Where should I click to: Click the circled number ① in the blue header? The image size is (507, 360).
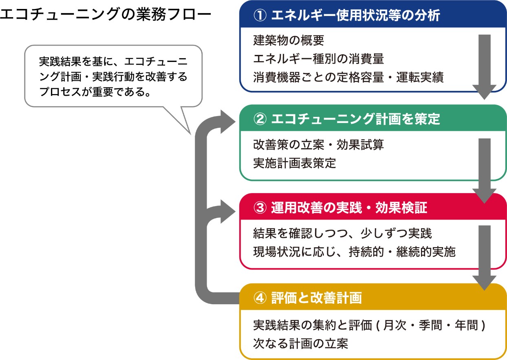[260, 15]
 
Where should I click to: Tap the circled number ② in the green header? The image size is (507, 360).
[260, 119]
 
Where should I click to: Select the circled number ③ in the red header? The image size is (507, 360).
[260, 208]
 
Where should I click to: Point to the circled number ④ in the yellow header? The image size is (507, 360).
[260, 298]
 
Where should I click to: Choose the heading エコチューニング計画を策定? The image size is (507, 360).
[355, 119]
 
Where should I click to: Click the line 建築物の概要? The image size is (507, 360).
[289, 40]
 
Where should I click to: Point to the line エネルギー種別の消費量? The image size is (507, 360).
[318, 59]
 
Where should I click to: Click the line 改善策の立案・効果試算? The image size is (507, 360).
[318, 145]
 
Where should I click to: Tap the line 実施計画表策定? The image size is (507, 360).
[295, 163]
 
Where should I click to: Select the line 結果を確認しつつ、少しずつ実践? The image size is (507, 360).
[342, 233]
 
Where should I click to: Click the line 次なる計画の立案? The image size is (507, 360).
[300, 344]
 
